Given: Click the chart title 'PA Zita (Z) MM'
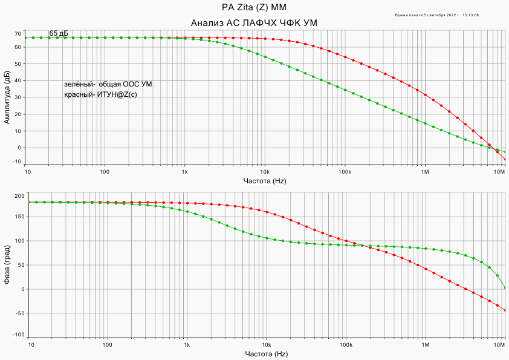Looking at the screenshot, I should [254, 8].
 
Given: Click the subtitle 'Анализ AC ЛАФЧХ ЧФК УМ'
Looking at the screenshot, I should [254, 23].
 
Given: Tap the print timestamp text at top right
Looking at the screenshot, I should [437, 15].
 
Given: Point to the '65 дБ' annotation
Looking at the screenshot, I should [59, 33].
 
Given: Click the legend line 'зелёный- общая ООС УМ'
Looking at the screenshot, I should [108, 84].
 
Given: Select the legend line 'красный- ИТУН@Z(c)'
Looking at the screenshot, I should [100, 94].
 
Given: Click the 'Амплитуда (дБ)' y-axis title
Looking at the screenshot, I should [7, 97].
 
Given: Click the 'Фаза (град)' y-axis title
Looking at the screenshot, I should [7, 264].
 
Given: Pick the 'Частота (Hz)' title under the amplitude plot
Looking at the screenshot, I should [265, 181].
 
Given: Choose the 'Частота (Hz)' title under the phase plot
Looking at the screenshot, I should [266, 353].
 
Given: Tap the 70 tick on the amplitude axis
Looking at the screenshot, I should [19, 34].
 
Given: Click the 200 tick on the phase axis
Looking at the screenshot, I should [18, 196].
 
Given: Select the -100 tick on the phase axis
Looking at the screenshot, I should [16, 335].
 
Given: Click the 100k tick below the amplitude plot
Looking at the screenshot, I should [345, 172].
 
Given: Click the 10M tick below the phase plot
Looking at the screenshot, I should [499, 345].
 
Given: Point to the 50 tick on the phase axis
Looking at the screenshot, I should [19, 265].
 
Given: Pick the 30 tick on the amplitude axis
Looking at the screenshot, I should [19, 97].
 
